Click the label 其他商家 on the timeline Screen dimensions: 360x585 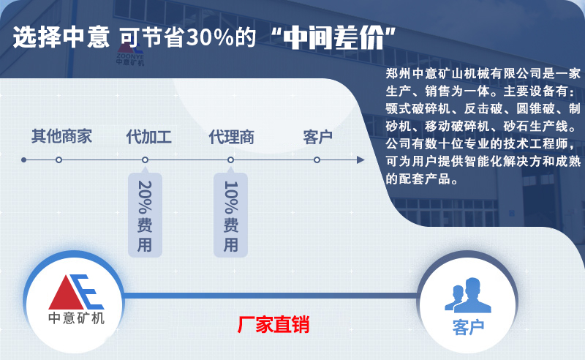tap(61, 137)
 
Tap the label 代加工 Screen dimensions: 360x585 tap(148, 137)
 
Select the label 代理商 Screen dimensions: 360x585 tap(231, 137)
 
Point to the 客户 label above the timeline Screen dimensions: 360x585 tap(318, 137)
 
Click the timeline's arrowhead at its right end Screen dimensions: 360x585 tap(361, 160)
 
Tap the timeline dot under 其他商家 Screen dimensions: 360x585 tap(58, 160)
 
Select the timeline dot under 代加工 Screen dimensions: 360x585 tap(145, 160)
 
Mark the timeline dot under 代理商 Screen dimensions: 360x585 tap(231, 160)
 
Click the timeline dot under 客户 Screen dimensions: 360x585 tap(317, 160)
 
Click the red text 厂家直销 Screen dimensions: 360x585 tap(273, 325)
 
